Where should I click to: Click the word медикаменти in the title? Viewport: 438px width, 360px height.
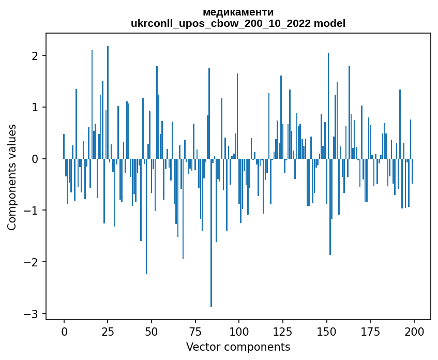[238, 12]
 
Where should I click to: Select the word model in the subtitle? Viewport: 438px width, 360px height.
[331, 23]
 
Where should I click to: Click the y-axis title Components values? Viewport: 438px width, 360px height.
[12, 177]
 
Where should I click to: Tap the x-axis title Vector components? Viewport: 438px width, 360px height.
[238, 347]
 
